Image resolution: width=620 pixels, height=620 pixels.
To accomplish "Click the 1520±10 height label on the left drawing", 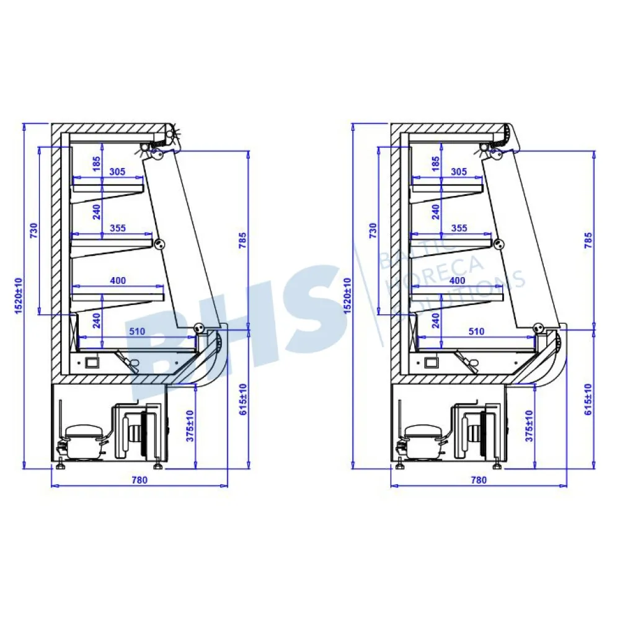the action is click(x=19, y=296).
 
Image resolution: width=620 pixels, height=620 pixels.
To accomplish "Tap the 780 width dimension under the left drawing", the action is click(x=139, y=480).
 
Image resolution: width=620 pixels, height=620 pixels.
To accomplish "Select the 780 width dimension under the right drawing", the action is click(x=479, y=480).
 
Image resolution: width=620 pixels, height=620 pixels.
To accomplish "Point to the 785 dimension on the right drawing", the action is click(x=588, y=240).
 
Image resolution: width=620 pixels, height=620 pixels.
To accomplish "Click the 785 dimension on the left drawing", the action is click(x=242, y=240).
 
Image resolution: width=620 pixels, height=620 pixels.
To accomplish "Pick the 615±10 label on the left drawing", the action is click(x=243, y=399).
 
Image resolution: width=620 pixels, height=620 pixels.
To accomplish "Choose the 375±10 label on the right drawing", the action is click(x=529, y=426).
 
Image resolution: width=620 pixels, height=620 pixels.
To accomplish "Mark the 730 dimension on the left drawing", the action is click(x=33, y=231).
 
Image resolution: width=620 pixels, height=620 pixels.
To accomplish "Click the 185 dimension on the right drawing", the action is click(x=435, y=164).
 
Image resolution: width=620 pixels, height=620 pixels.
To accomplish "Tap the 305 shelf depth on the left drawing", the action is click(x=117, y=172).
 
